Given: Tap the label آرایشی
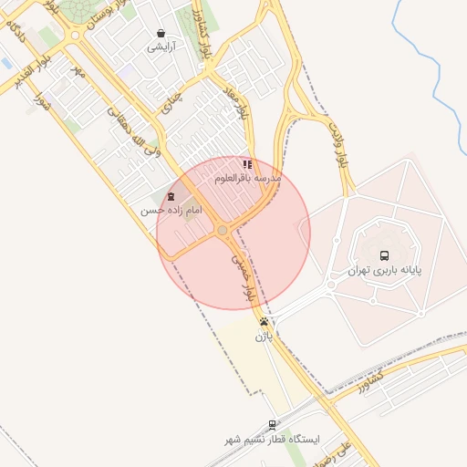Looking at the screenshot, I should point(161,46).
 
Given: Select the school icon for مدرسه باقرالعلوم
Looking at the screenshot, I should point(247,165).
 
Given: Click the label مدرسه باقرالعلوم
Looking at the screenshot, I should point(248,179).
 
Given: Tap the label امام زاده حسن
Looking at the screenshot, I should point(170,211).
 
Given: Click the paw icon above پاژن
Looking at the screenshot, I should point(264,322).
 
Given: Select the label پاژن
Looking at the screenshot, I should point(264,337).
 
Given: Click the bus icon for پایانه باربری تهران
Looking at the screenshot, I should point(384,256).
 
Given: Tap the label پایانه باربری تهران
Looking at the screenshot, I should point(384,271).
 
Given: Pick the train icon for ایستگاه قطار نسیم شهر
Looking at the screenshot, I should point(273,424).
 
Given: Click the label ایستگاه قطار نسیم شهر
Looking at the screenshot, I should point(273,440).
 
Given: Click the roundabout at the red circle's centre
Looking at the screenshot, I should point(223,232).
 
